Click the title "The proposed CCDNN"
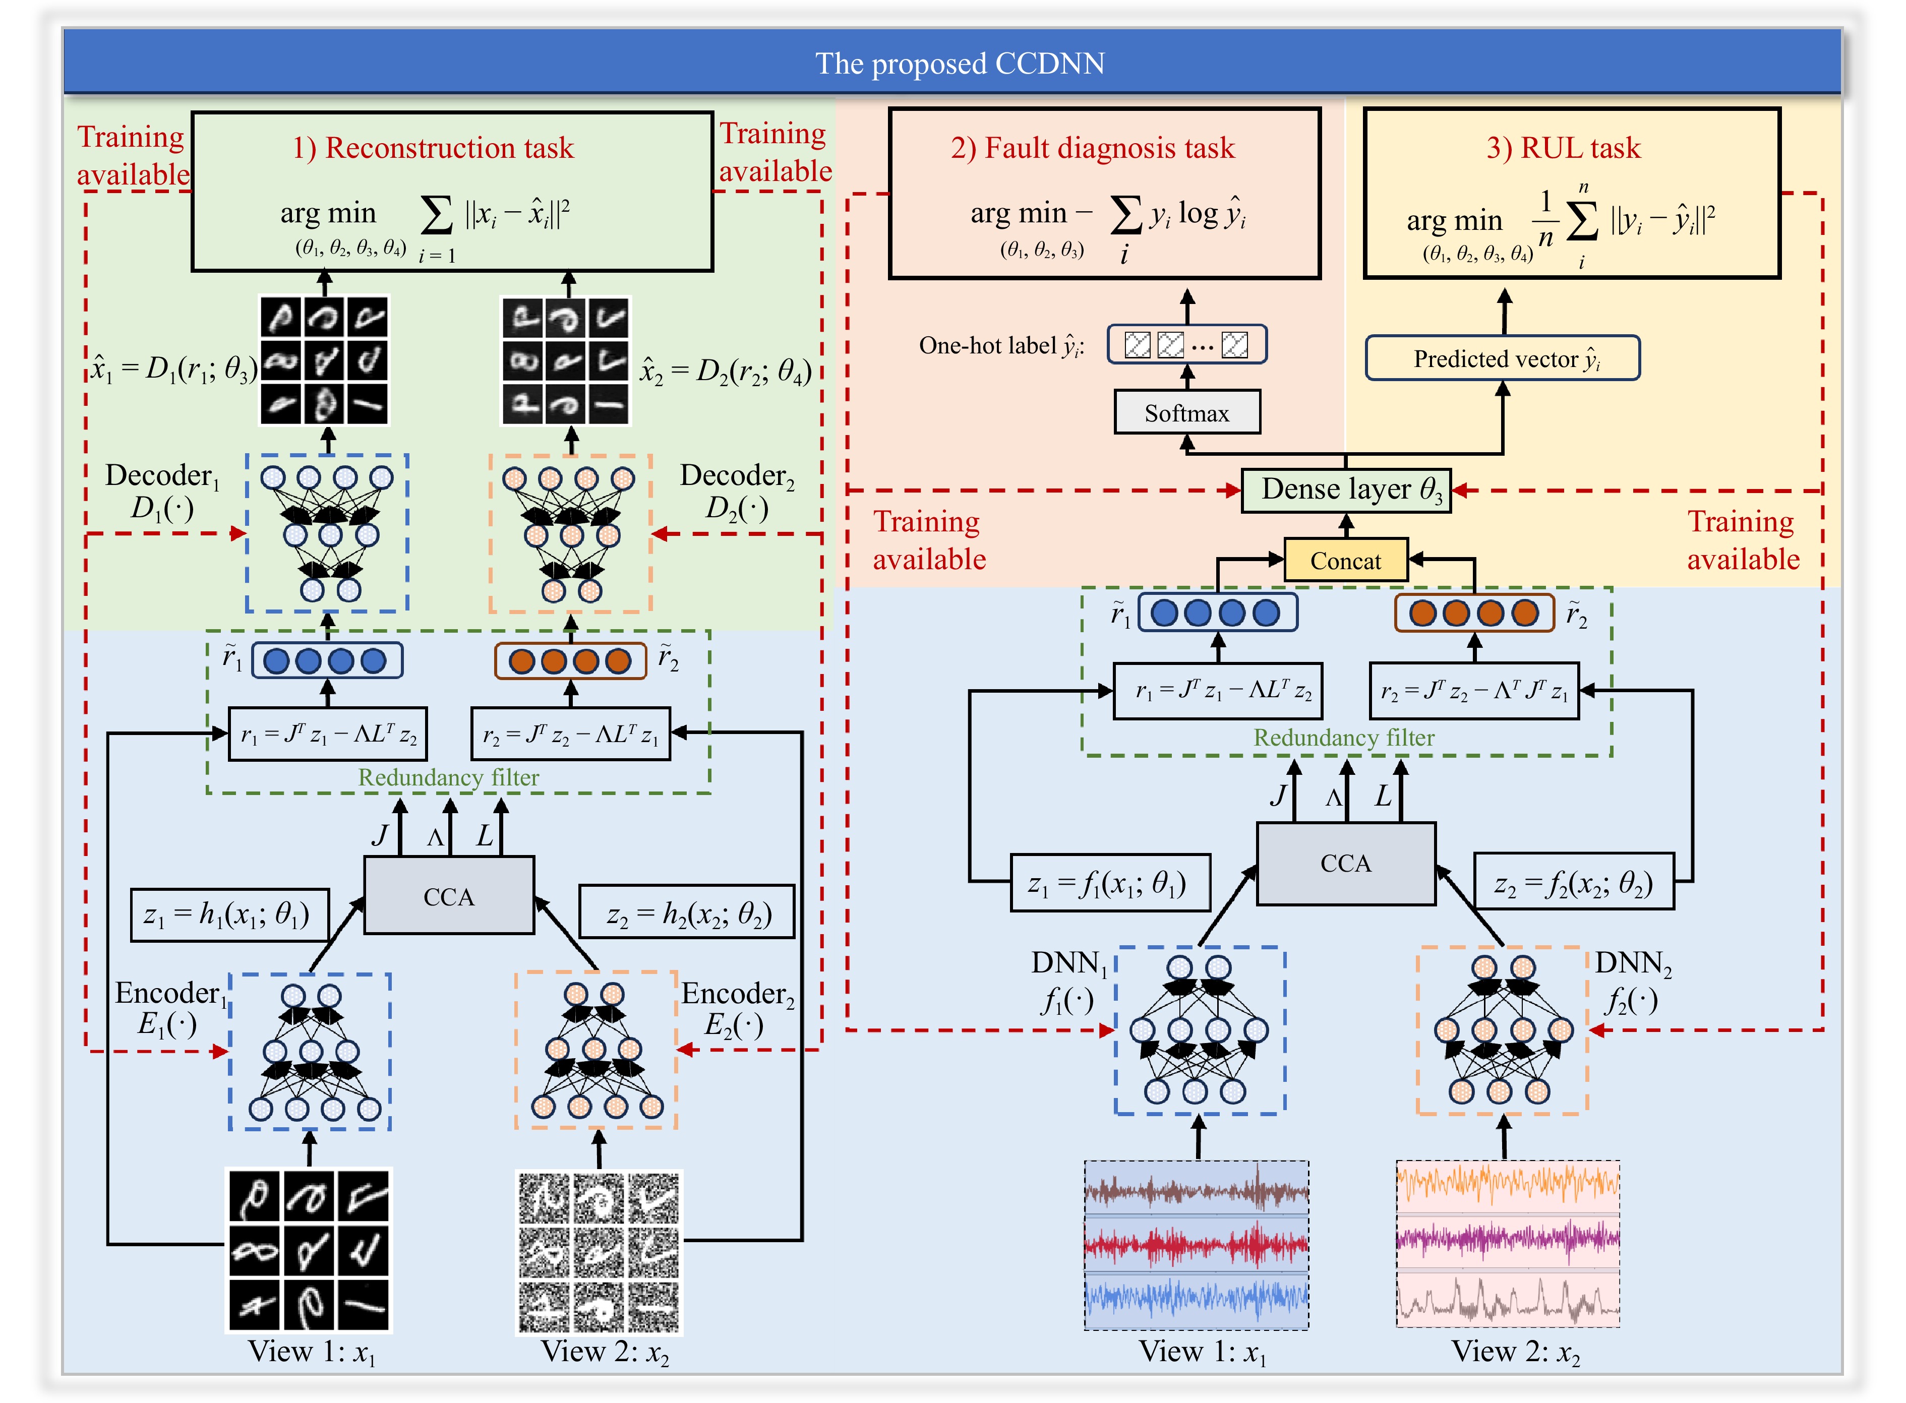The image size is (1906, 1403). pyautogui.click(x=959, y=63)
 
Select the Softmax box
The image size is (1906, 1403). pyautogui.click(x=1186, y=413)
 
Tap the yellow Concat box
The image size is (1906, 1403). pyautogui.click(x=1345, y=561)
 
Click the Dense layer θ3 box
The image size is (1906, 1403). pyautogui.click(x=1345, y=490)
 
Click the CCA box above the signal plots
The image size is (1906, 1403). pyautogui.click(x=1345, y=864)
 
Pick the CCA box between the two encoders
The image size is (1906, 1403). pyautogui.click(x=448, y=897)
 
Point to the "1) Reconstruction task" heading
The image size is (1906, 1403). pyautogui.click(x=433, y=148)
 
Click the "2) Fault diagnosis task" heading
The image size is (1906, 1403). pyautogui.click(x=1092, y=148)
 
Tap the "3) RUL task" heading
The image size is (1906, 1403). pyautogui.click(x=1563, y=148)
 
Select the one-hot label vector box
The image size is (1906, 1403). pyautogui.click(x=1186, y=345)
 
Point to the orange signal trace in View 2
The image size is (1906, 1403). pyautogui.click(x=1508, y=1182)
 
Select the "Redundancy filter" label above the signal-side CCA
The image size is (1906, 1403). pyautogui.click(x=1344, y=737)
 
